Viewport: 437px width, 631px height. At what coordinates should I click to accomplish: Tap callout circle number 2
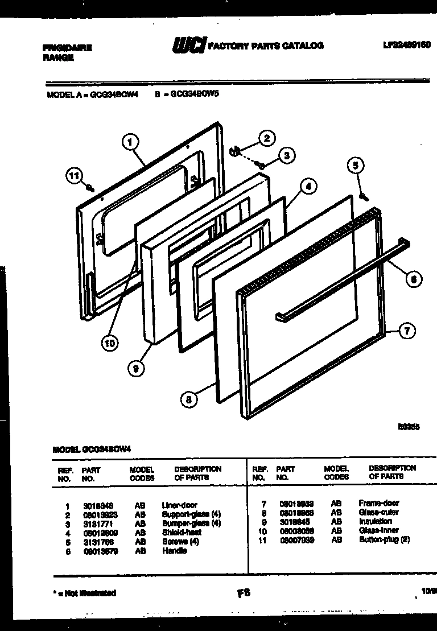(266, 138)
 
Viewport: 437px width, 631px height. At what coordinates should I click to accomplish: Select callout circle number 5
(355, 166)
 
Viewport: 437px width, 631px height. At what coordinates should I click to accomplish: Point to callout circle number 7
(406, 331)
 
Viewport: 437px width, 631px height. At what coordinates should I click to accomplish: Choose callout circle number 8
(188, 399)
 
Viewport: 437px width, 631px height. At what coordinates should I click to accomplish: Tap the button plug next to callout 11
(90, 188)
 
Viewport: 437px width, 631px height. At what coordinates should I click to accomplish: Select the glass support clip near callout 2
(234, 151)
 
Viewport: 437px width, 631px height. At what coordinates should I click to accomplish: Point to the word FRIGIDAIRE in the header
(67, 48)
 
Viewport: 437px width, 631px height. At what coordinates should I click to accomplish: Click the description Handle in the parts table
(174, 551)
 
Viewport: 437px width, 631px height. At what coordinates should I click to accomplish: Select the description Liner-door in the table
(179, 505)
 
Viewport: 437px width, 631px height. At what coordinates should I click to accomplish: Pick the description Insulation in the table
(375, 521)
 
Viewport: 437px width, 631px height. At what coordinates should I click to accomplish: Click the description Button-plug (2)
(384, 539)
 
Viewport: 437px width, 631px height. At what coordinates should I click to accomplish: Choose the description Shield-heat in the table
(182, 533)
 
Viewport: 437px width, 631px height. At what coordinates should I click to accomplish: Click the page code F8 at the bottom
(244, 593)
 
